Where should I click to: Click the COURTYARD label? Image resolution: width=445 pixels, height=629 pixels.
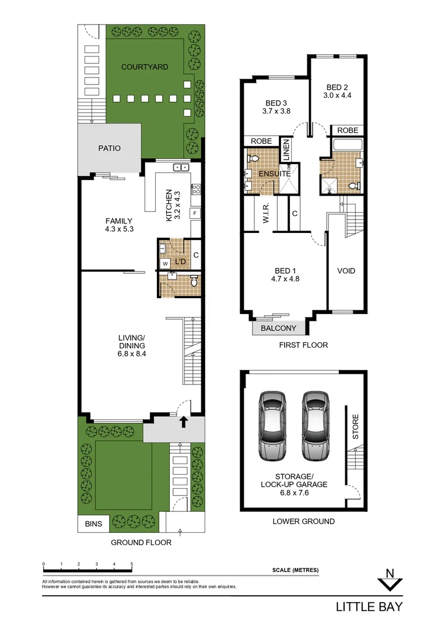(145, 67)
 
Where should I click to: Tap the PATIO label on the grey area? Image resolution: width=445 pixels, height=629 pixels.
(109, 149)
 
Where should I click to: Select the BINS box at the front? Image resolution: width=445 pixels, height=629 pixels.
(93, 524)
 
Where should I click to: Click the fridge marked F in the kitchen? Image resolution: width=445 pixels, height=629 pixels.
(195, 213)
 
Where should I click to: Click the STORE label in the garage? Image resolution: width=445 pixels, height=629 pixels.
(356, 426)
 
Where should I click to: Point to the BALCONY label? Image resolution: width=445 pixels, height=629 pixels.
(278, 328)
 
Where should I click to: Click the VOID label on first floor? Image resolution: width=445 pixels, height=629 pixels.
(346, 271)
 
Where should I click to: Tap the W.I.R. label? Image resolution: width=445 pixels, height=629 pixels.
(265, 214)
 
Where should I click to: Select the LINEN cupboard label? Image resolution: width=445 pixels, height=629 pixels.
(286, 150)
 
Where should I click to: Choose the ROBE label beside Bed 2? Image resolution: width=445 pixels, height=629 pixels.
(348, 130)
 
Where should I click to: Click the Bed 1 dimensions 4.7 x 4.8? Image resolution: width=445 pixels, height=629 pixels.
(286, 278)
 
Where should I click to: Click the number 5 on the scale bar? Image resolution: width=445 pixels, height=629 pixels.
(132, 564)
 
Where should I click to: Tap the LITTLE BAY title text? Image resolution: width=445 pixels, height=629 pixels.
(369, 607)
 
